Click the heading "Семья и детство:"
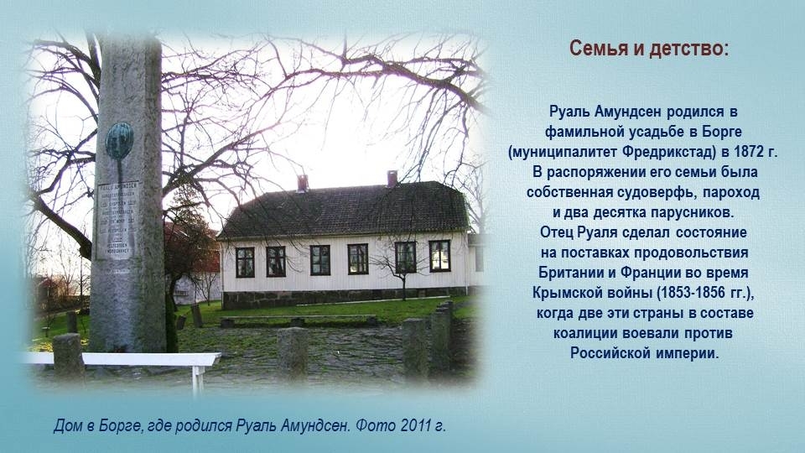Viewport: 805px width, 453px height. coord(649,49)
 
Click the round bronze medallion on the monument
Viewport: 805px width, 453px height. coord(120,141)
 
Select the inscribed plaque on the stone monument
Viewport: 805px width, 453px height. coord(117,220)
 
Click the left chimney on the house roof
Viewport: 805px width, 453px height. coord(303,183)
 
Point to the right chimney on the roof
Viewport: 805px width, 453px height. coord(392,178)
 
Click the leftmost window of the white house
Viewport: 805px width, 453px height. coord(245,262)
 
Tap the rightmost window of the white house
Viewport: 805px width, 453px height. coord(439,256)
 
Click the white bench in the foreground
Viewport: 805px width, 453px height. coord(123,360)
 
